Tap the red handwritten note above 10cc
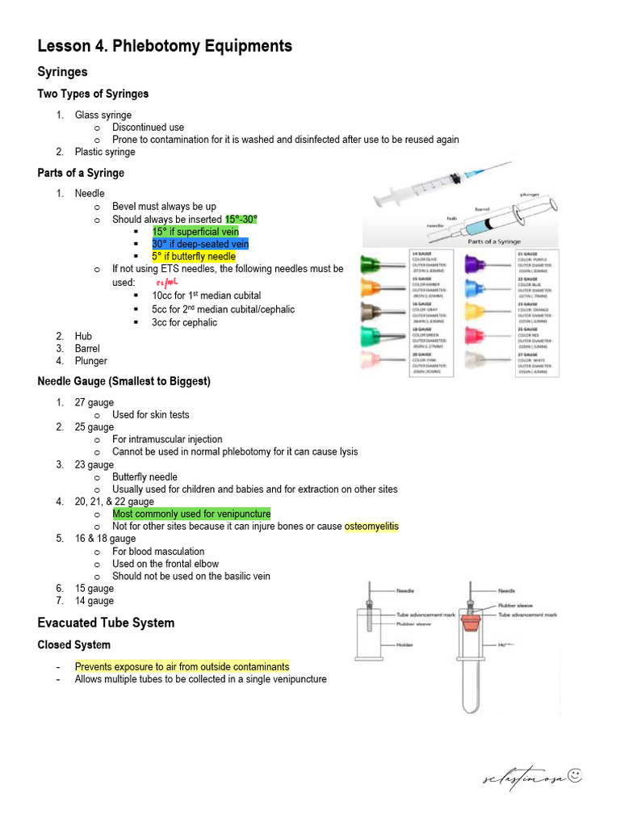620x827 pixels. [x=165, y=283]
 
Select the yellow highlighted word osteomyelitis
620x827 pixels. [x=371, y=527]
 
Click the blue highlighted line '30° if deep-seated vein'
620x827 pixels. [x=200, y=244]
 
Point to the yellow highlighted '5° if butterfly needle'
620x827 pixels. [x=194, y=257]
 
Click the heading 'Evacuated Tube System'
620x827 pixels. [x=106, y=623]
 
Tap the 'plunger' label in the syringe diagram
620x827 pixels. [x=530, y=195]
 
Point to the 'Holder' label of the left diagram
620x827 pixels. [x=405, y=644]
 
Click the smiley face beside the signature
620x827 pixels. [x=575, y=776]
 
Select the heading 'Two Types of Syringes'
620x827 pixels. [x=93, y=94]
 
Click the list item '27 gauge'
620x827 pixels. [x=94, y=402]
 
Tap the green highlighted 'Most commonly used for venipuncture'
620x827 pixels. [x=191, y=514]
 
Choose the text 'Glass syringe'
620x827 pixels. [x=103, y=115]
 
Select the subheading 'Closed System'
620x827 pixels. [x=74, y=645]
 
